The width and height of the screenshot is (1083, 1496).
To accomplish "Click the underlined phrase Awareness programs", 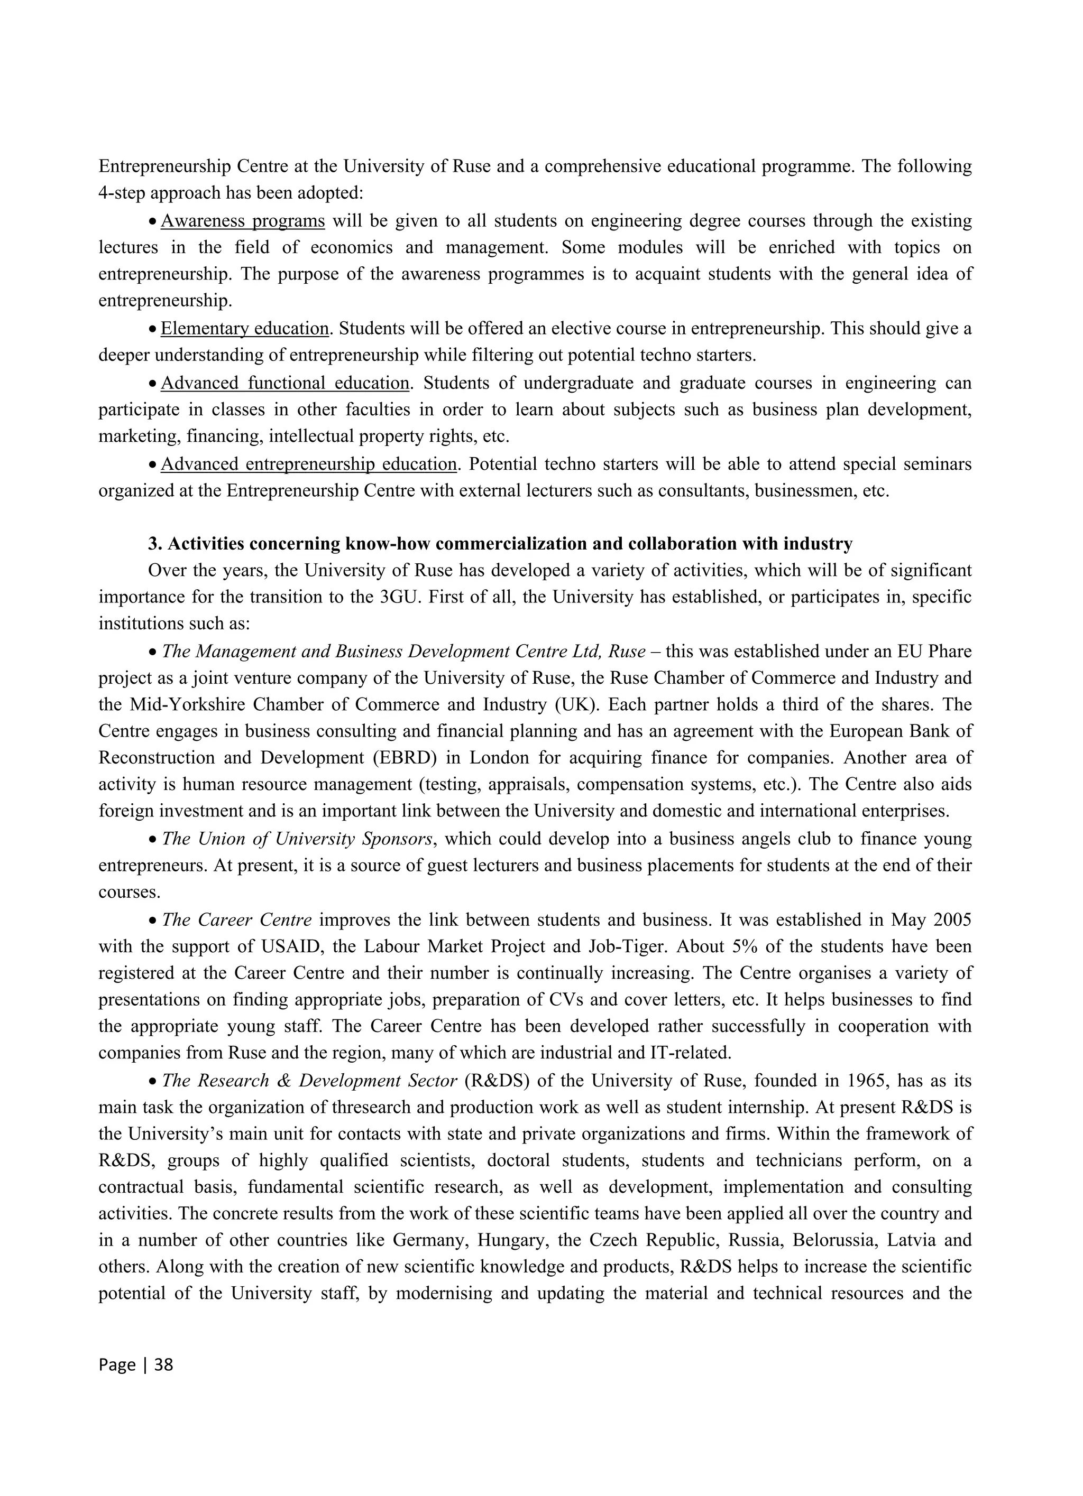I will [x=242, y=221].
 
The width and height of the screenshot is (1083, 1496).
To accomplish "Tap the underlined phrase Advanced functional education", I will [x=284, y=383].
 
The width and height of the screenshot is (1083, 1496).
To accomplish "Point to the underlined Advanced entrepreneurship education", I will [x=308, y=464].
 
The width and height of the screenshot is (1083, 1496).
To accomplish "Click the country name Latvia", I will [x=911, y=1241].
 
